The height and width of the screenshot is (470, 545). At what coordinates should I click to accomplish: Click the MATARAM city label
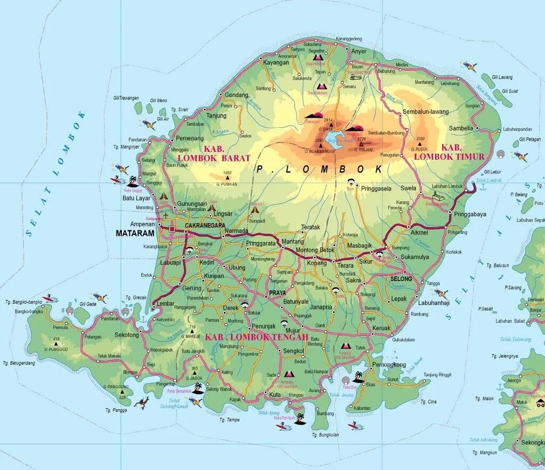[x=135, y=233]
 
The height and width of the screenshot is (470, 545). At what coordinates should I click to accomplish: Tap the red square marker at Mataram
[x=172, y=229]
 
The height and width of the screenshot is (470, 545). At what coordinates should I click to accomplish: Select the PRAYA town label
[x=277, y=293]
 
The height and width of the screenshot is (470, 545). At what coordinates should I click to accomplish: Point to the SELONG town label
[x=401, y=279]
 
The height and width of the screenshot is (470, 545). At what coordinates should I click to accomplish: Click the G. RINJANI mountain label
[x=362, y=150]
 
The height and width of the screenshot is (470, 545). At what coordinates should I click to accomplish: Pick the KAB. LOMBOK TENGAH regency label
[x=257, y=337]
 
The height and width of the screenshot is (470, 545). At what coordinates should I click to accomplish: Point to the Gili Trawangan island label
[x=126, y=98]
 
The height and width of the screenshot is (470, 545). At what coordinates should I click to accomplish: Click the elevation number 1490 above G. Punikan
[x=227, y=173]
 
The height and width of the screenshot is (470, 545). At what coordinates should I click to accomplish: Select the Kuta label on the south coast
[x=275, y=394]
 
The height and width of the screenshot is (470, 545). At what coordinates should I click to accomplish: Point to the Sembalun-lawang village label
[x=426, y=112]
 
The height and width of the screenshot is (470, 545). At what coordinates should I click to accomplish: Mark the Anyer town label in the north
[x=359, y=51]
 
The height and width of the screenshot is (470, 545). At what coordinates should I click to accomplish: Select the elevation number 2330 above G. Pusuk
[x=420, y=138]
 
